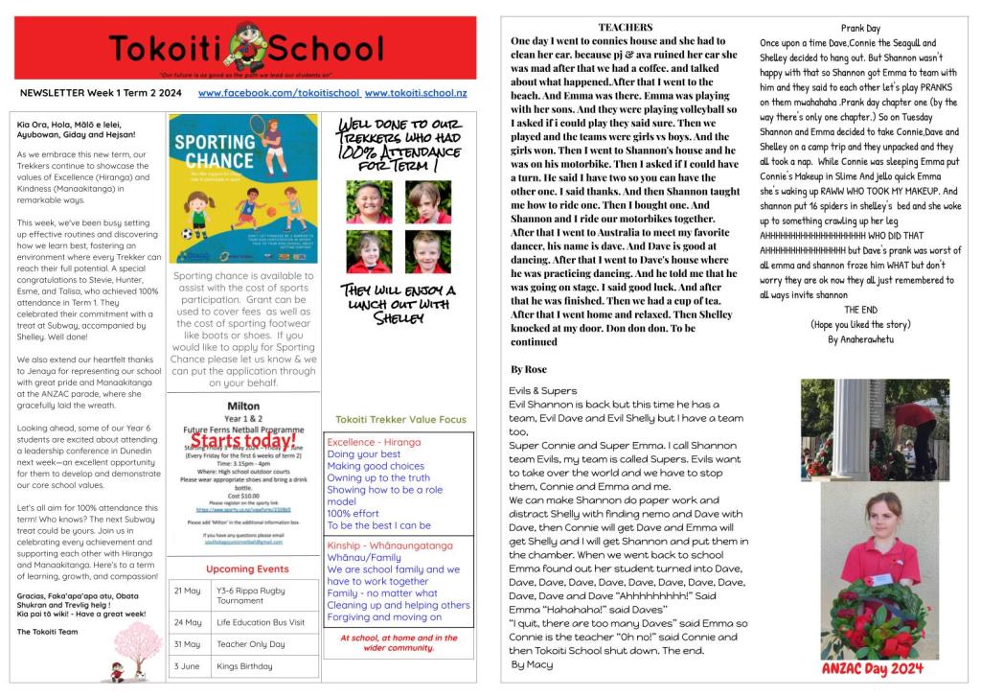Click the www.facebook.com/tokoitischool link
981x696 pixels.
coord(279,93)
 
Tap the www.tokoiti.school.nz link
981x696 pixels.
coord(416,93)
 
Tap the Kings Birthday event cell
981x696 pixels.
coord(246,665)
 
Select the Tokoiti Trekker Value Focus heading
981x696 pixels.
coord(401,419)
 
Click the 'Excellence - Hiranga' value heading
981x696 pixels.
coord(374,442)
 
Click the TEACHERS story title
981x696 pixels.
coord(625,28)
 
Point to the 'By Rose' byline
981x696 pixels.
coord(530,368)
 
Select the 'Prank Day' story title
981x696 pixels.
coord(859,29)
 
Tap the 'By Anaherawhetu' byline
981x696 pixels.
coord(859,339)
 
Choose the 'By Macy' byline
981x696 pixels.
coord(532,664)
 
